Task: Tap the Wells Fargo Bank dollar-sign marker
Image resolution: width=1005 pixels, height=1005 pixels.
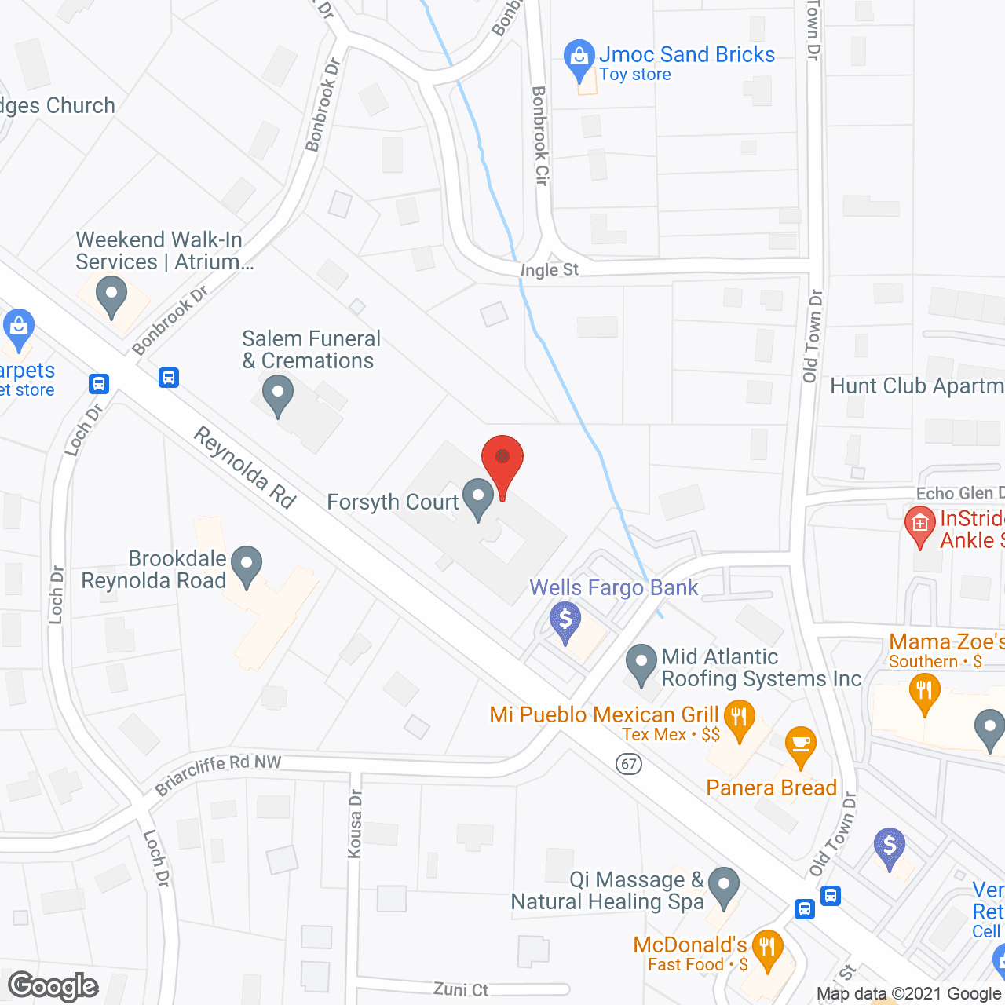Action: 565,621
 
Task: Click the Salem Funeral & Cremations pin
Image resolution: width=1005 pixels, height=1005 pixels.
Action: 277,395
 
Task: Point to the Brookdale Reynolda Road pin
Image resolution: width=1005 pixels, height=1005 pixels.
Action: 247,565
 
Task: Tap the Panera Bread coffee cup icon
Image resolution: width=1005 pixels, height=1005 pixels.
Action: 800,745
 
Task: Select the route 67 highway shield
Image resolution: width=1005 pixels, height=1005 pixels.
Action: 629,763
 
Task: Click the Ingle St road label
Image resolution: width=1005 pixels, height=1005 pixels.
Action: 550,270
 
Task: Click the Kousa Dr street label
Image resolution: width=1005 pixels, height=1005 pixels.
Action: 355,824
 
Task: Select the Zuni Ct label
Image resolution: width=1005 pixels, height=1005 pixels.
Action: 461,989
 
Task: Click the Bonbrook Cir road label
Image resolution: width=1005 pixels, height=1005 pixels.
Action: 540,135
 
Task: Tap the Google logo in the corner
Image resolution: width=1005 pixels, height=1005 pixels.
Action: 53,986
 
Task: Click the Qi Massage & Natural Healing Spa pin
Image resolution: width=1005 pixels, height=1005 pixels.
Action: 723,886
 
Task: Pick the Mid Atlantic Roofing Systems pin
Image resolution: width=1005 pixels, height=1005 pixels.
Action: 641,663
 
